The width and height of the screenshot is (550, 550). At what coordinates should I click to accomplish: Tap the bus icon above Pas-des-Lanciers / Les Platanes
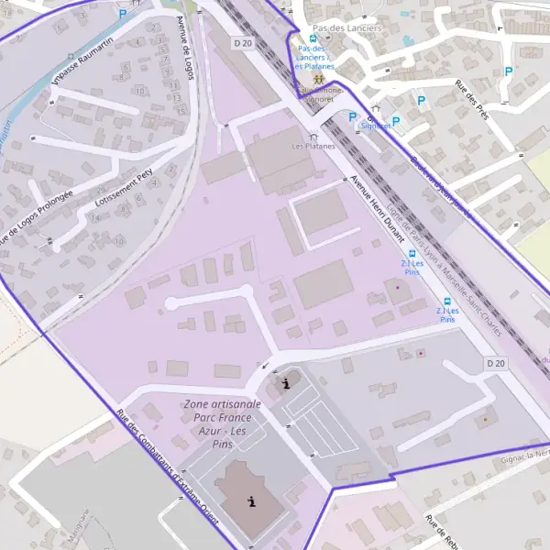coord(313,39)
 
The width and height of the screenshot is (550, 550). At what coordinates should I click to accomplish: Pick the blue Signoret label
coord(375,126)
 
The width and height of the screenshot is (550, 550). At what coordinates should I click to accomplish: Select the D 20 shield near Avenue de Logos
coord(241,42)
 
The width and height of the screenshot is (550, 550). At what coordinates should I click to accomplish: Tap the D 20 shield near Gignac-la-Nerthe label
coord(495,364)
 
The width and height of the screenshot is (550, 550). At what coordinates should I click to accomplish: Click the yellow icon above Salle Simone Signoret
coord(305,81)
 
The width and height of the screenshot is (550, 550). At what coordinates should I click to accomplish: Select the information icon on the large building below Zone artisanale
coord(252,500)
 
